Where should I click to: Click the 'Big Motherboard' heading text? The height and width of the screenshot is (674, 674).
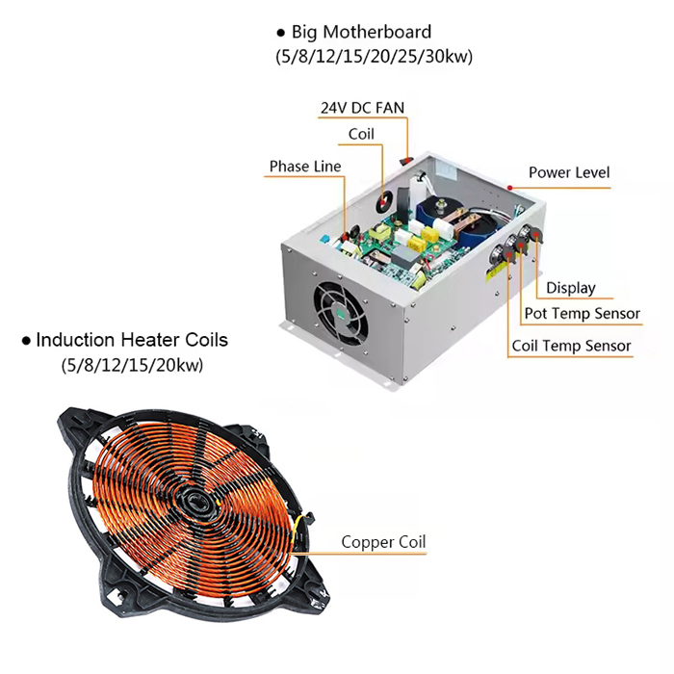point(361,32)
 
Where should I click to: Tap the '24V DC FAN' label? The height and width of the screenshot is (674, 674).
point(362,108)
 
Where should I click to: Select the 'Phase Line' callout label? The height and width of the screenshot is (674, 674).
point(305,167)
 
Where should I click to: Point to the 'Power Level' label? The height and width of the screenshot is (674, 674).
point(569,172)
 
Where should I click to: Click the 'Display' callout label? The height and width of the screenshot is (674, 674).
point(571,288)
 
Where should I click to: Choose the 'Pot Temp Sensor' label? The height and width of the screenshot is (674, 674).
point(583,313)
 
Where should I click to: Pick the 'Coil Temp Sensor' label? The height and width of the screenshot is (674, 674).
point(571,346)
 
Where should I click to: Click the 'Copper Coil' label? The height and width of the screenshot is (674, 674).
point(383,542)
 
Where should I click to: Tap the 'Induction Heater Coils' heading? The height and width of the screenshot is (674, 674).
point(132,340)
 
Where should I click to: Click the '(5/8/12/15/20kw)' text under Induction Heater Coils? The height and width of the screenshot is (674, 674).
point(133,365)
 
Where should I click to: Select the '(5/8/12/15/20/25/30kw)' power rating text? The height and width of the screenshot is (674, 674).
point(374,56)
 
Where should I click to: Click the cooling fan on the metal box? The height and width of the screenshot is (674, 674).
point(341,313)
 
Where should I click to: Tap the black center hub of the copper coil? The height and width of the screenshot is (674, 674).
point(196,502)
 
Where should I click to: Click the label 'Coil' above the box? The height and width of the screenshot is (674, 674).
point(361,134)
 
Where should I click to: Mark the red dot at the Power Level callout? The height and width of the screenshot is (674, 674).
point(509,188)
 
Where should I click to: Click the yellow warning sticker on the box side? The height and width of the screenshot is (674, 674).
point(497,270)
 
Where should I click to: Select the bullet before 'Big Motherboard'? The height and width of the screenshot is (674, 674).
point(281,33)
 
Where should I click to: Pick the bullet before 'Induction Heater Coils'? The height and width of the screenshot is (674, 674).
point(26,341)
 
